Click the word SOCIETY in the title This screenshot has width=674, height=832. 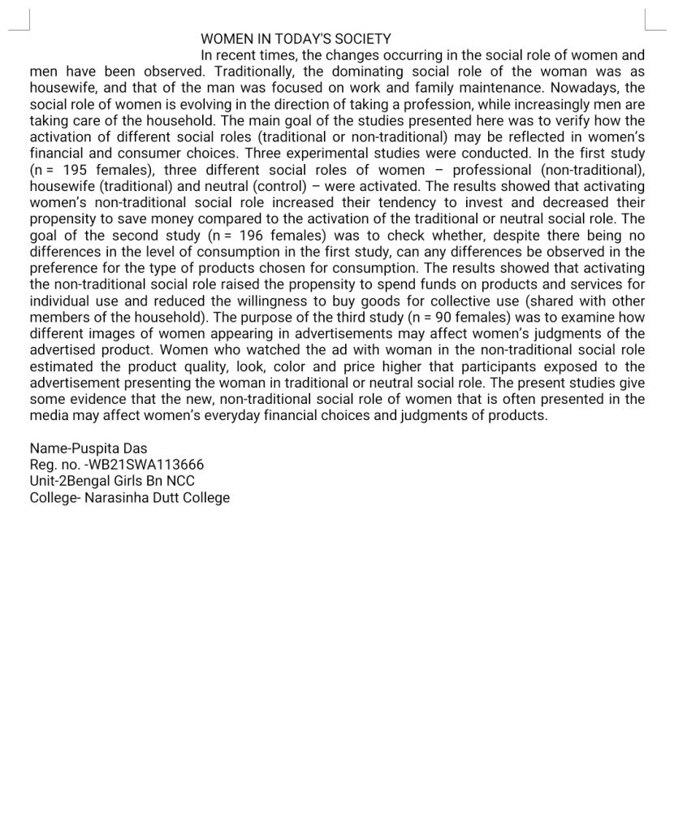[x=362, y=39]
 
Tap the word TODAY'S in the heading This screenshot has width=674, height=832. [x=303, y=39]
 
